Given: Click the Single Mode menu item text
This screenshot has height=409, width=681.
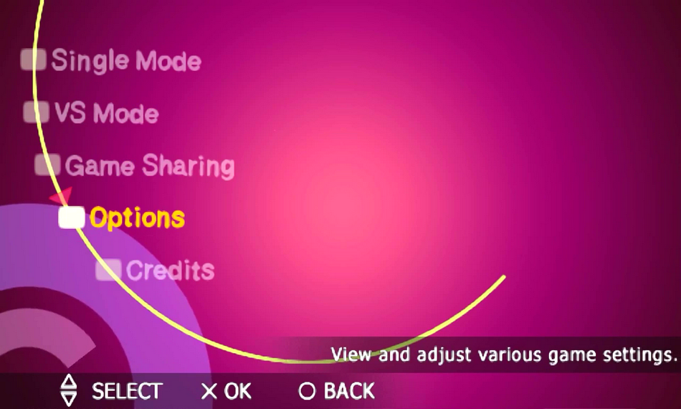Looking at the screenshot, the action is [x=126, y=60].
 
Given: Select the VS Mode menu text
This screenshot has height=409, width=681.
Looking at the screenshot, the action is [x=107, y=113].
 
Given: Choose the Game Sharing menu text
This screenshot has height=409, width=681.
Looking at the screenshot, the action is [x=150, y=166].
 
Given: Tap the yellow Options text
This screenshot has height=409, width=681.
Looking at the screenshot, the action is [x=137, y=217].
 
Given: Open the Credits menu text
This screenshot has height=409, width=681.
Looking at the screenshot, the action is [x=171, y=270].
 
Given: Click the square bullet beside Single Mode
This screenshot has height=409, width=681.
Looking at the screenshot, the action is [x=34, y=59].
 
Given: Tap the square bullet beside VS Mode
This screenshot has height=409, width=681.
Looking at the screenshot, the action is [x=36, y=112].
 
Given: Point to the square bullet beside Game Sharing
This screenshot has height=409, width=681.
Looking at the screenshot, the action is [x=47, y=165].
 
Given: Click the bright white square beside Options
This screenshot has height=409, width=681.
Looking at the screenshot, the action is [x=72, y=217].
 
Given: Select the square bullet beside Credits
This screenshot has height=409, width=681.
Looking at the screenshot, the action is [x=108, y=270].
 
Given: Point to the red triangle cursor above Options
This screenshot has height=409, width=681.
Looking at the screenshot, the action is [x=62, y=196].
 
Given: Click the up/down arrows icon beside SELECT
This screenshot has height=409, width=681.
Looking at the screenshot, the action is [x=69, y=390].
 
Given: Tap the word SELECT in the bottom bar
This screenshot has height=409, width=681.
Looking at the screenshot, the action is [x=128, y=391].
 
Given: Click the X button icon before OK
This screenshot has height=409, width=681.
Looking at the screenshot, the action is [x=209, y=391].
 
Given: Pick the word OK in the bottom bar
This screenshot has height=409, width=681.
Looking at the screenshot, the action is [x=237, y=391].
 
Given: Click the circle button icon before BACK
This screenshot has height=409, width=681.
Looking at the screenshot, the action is [x=307, y=391].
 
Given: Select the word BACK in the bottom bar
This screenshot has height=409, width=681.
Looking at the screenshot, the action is [x=349, y=391].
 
